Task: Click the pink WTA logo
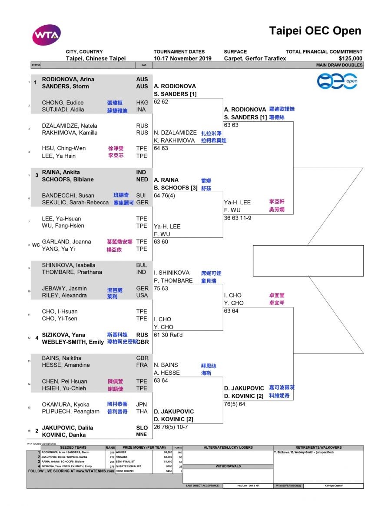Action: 46,35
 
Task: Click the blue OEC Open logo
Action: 337,81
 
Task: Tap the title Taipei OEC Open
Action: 315,31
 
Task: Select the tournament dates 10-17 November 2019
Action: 182,58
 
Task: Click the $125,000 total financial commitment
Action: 351,58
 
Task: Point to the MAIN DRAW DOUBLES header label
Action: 339,65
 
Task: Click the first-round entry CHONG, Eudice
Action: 63,103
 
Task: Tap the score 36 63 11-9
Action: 238,218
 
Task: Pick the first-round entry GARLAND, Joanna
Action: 66,242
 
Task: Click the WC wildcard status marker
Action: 36,245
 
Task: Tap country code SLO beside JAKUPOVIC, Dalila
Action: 142,428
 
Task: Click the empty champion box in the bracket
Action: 308,260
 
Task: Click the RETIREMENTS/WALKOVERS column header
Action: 318,447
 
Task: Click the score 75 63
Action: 161,288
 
